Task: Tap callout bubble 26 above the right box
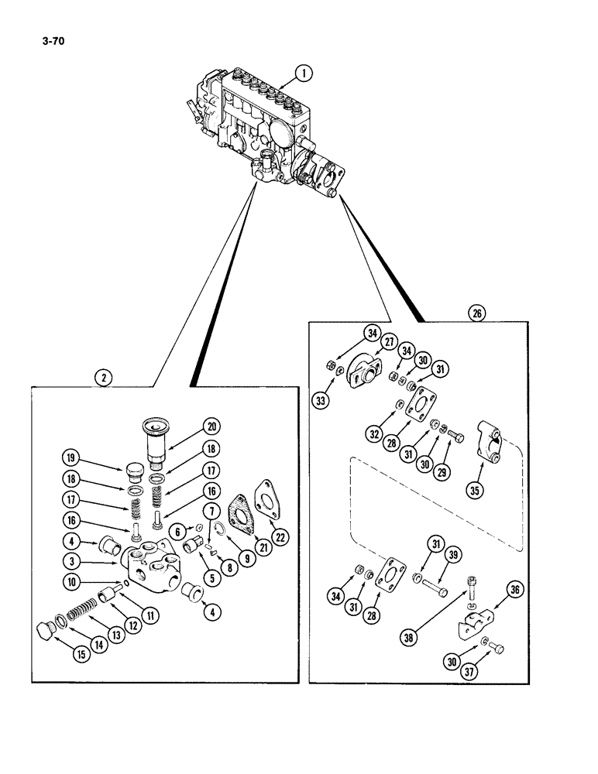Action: click(x=475, y=313)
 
